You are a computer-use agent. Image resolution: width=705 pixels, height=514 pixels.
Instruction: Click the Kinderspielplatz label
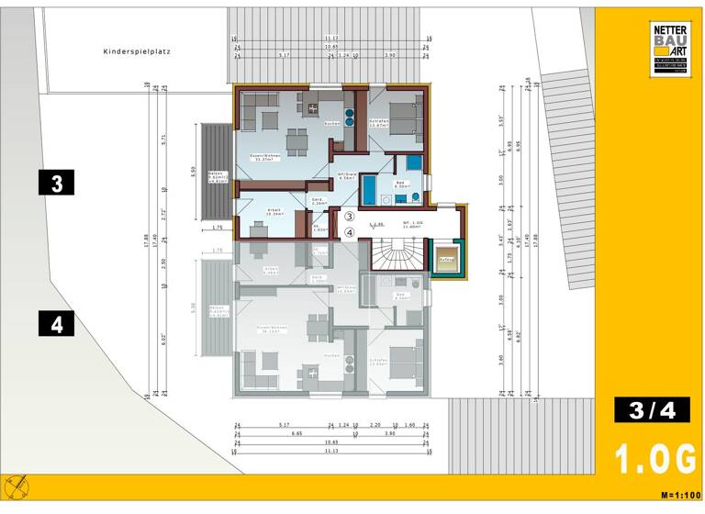(139, 53)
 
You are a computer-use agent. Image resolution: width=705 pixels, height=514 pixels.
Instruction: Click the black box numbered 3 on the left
(57, 183)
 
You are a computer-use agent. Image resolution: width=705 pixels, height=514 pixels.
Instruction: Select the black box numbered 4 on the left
(57, 324)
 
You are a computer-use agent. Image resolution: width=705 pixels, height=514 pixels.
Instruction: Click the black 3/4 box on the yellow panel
(651, 410)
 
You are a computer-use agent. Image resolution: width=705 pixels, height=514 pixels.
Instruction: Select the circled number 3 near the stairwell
(349, 217)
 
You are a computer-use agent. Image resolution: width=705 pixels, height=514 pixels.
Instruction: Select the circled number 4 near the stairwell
(349, 233)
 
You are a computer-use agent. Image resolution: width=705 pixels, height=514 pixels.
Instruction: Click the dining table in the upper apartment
(296, 140)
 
